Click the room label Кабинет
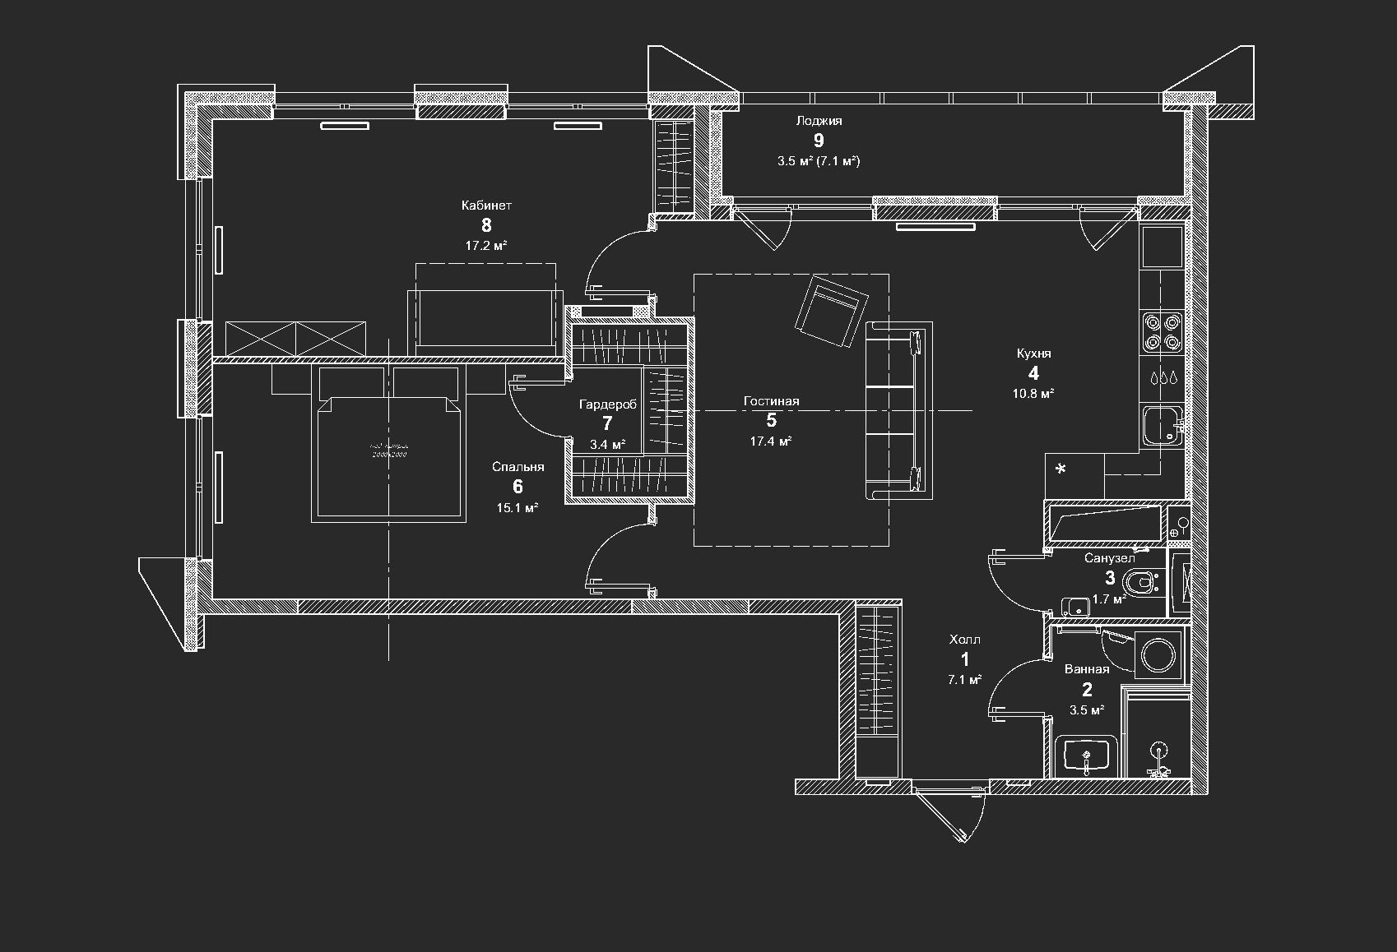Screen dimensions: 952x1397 click(486, 206)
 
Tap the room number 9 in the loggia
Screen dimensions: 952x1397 click(818, 141)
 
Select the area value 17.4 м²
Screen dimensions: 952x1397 click(771, 441)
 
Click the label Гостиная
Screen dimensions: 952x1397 click(771, 401)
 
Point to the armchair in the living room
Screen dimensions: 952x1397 click(832, 312)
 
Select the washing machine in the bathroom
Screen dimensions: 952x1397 click(1160, 654)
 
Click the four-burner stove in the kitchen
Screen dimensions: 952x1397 click(1161, 332)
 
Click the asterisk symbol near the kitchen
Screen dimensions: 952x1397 click(1061, 469)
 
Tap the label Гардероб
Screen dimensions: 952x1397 click(607, 404)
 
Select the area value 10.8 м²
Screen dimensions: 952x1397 click(1033, 393)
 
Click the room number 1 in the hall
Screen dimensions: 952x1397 click(964, 659)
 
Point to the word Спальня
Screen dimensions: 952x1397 click(517, 467)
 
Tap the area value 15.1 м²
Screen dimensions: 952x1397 click(517, 508)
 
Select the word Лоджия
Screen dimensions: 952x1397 click(818, 121)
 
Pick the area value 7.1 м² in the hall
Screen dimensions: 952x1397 click(964, 680)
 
